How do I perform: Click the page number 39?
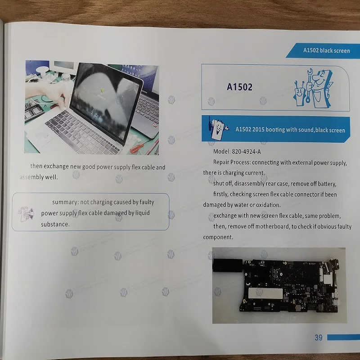click(318, 337)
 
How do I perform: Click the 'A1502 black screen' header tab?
click(326, 50)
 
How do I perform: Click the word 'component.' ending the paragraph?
click(218, 237)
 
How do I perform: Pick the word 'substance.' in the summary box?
click(55, 224)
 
